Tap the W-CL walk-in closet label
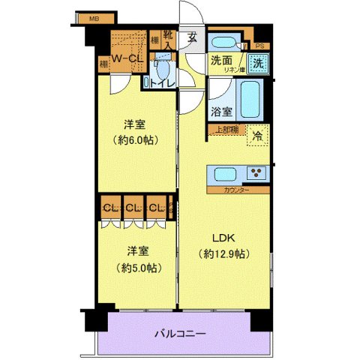click(x=127, y=58)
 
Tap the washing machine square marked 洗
click(x=257, y=64)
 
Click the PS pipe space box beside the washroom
click(x=259, y=44)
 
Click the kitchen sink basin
click(x=226, y=174)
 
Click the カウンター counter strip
click(x=236, y=190)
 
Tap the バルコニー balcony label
click(x=180, y=333)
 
